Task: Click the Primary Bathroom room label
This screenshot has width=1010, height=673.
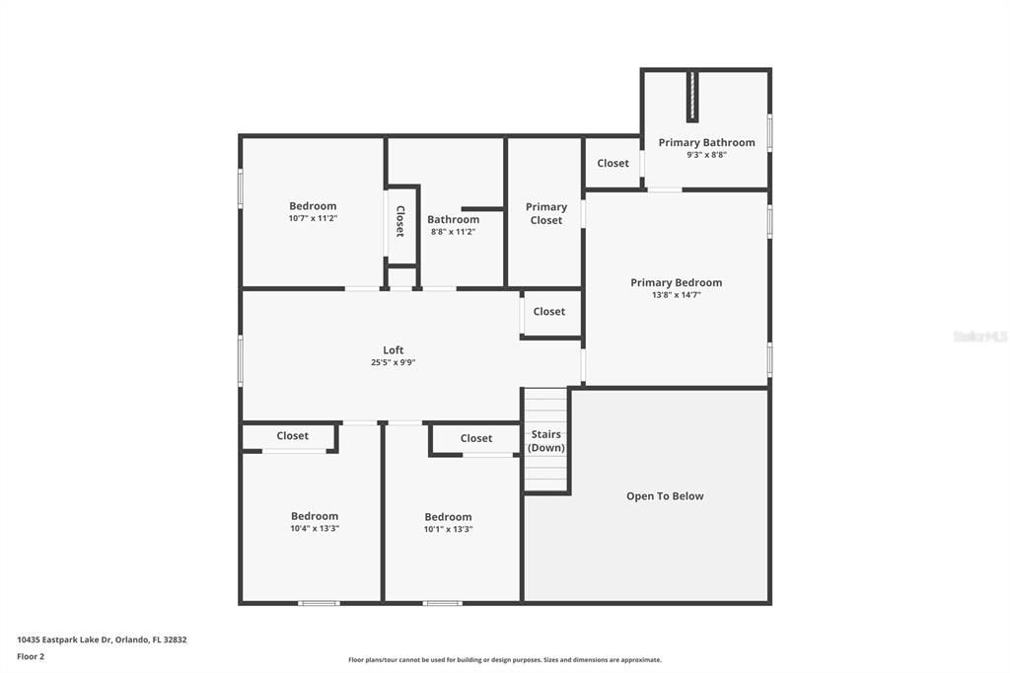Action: tap(706, 142)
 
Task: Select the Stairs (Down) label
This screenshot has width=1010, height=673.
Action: tap(545, 441)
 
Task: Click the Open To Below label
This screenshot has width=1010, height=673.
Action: tap(665, 496)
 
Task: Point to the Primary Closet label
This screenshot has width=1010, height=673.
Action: tap(545, 213)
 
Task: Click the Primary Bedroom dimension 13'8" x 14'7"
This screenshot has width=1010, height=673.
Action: tap(676, 295)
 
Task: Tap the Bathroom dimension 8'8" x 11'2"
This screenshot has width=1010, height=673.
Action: tap(453, 232)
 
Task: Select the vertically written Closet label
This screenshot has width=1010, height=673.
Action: tap(400, 221)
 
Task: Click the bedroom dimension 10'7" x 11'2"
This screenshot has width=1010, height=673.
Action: tap(313, 218)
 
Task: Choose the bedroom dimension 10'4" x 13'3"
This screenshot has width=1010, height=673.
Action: tap(314, 528)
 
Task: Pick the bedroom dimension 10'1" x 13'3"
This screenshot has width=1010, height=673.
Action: tap(448, 529)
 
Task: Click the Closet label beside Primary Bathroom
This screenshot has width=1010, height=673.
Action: tap(613, 164)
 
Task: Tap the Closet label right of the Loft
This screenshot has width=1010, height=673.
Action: tap(549, 312)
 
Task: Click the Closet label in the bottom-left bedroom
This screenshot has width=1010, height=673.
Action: tap(292, 436)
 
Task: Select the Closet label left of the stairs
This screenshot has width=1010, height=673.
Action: tap(475, 438)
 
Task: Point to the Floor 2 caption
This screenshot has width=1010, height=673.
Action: tap(31, 656)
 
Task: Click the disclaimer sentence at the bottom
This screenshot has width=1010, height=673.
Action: tap(504, 660)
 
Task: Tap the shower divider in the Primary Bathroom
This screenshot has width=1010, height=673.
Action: tap(692, 96)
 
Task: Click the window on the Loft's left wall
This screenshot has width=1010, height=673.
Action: tap(240, 360)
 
